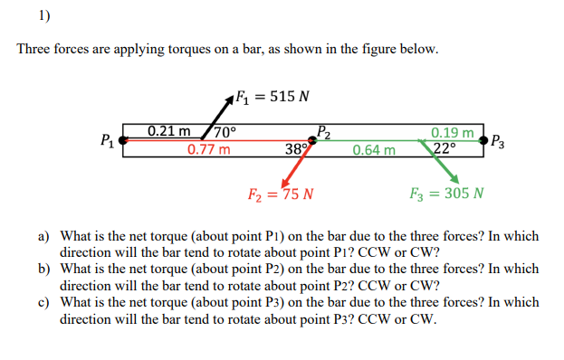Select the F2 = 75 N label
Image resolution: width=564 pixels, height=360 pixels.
click(281, 194)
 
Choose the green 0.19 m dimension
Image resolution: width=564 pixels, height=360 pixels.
click(456, 133)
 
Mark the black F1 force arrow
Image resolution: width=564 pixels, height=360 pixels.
click(216, 114)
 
